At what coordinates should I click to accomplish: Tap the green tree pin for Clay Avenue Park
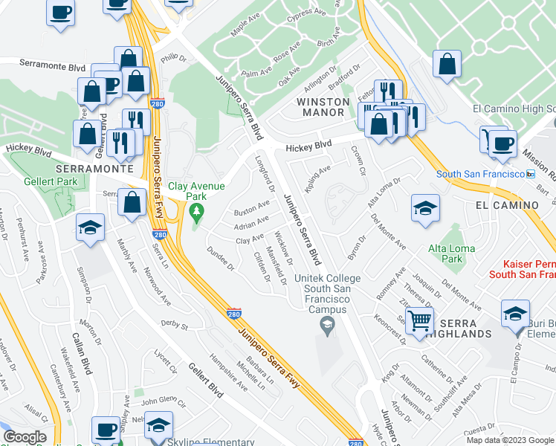(196, 214)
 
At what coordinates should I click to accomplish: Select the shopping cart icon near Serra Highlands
(420, 321)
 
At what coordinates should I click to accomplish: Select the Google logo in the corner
(25, 437)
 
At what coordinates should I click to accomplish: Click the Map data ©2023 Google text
(511, 439)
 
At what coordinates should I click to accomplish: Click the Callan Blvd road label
(82, 358)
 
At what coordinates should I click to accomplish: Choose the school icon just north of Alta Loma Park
(426, 208)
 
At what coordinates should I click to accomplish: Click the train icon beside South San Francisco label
(531, 174)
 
